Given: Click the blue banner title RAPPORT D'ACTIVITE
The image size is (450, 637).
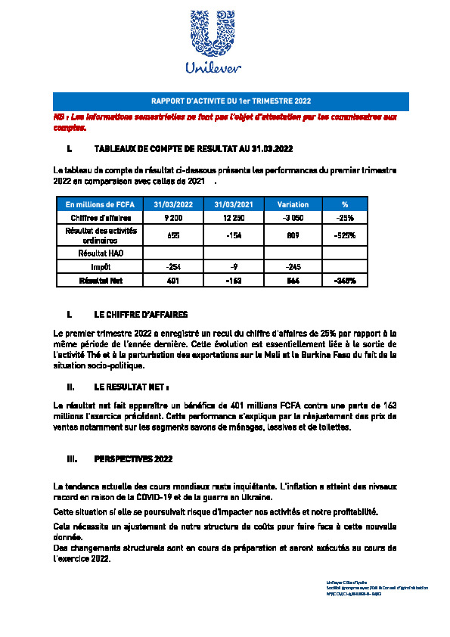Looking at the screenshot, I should click(x=231, y=101).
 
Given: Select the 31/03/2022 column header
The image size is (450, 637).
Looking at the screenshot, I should click(x=173, y=204).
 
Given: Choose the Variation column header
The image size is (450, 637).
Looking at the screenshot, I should click(x=293, y=204).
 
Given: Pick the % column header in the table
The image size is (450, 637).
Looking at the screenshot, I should click(x=345, y=204).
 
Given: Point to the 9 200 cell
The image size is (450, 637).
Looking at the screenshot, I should click(x=173, y=217).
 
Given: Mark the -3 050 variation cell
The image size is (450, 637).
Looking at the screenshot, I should click(x=293, y=217).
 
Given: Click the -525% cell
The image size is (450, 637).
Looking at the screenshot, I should click(x=345, y=235).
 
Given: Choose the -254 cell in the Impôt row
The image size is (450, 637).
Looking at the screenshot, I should click(x=173, y=267).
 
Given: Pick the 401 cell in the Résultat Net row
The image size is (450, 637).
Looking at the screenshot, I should click(x=173, y=280).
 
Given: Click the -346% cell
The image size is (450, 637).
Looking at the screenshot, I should click(x=345, y=280).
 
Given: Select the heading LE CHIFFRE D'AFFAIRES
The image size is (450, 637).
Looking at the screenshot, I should click(x=141, y=313).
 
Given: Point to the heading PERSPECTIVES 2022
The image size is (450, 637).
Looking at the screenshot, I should click(x=133, y=458).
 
